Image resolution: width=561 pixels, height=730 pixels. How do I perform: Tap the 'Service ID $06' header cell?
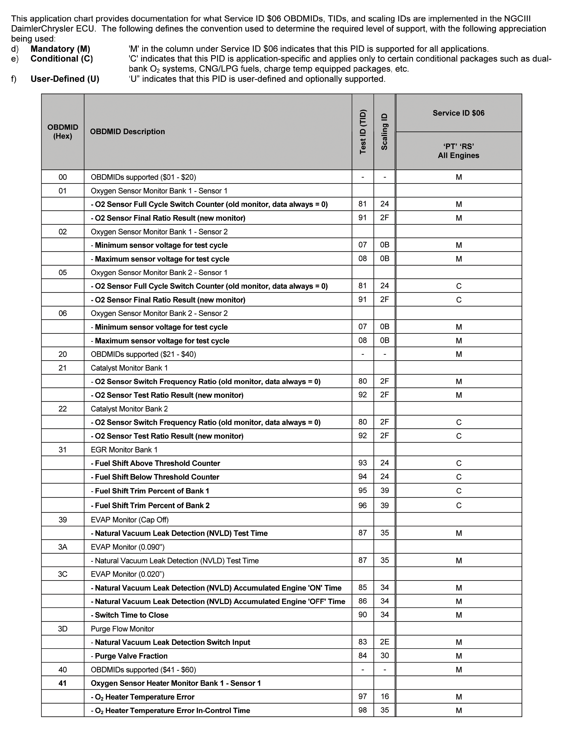(459, 113)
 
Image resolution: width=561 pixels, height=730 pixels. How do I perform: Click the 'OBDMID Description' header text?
(127, 132)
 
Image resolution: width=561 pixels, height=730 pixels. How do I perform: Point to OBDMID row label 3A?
(63, 547)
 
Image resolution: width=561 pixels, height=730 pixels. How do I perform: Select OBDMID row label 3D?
(63, 629)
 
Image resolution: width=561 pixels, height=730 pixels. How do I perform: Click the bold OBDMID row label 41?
(63, 683)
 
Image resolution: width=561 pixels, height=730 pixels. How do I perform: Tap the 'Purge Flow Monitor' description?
(122, 629)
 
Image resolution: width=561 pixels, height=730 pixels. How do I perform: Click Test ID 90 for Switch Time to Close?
(363, 615)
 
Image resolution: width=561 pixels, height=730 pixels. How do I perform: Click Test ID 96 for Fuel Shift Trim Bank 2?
(363, 505)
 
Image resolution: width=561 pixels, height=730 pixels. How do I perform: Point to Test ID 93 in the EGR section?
(363, 463)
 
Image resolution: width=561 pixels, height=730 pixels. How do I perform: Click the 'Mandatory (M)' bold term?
(60, 49)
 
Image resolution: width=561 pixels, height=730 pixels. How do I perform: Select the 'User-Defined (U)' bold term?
(65, 79)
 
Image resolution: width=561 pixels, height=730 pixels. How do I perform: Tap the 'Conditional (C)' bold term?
(62, 59)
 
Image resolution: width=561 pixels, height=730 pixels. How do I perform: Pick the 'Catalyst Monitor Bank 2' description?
(129, 409)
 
